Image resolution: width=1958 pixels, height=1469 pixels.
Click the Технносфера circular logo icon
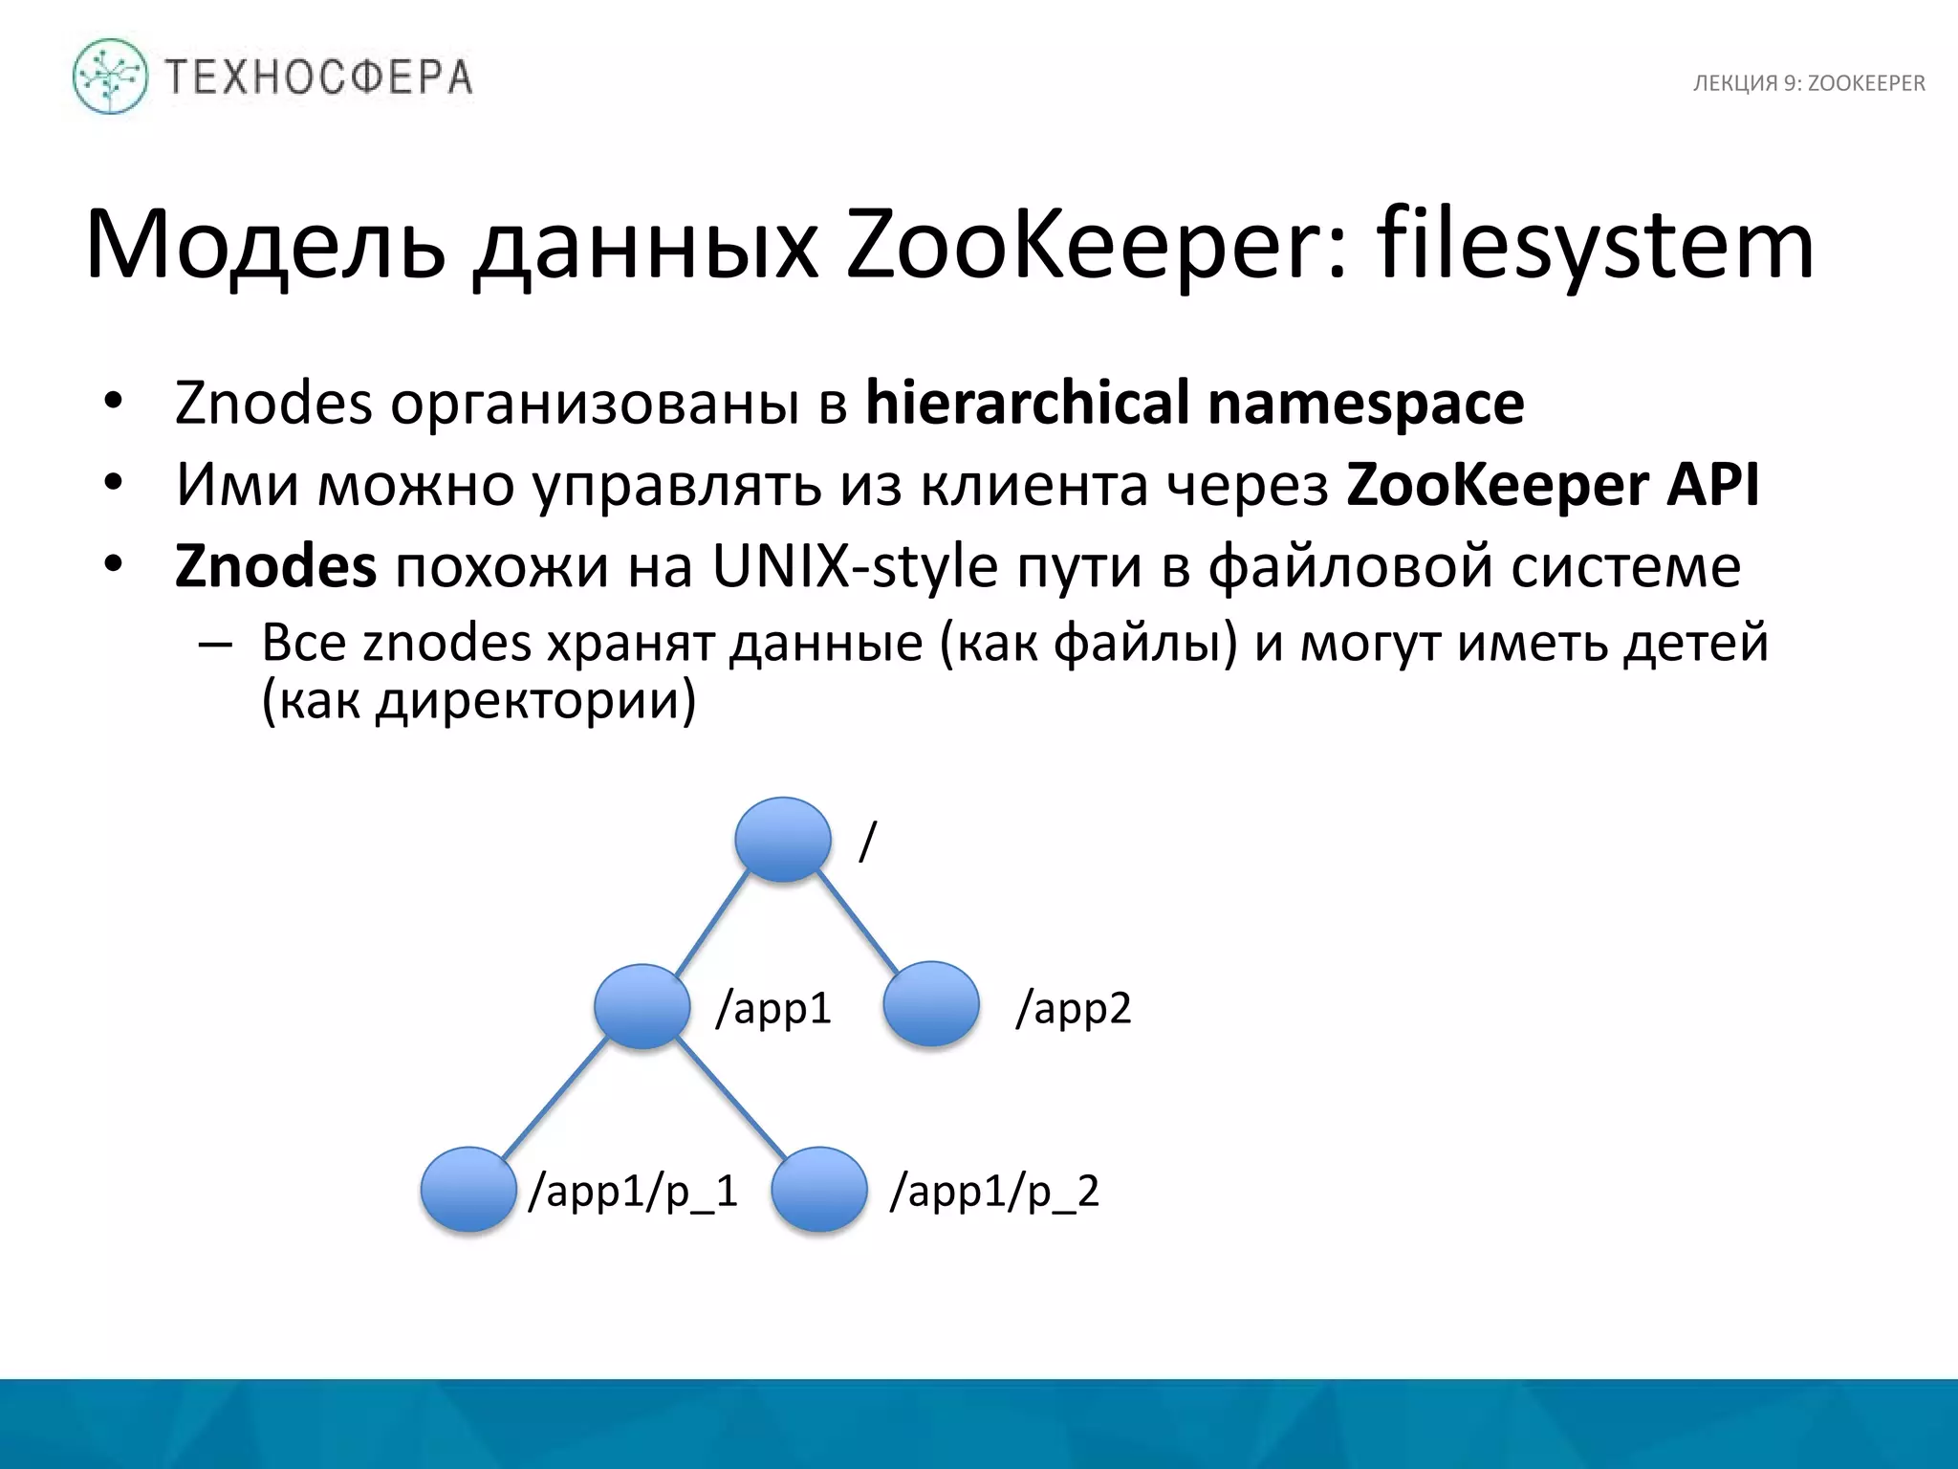(x=111, y=77)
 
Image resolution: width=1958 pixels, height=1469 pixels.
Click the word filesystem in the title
(x=1595, y=247)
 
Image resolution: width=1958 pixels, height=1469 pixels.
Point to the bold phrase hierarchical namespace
(x=1194, y=404)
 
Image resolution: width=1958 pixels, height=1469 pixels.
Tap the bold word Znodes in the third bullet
(x=275, y=566)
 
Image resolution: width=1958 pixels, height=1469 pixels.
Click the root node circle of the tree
(x=783, y=839)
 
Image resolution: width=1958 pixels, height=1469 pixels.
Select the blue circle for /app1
(x=642, y=1005)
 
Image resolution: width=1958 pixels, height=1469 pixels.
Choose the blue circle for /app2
(x=931, y=1003)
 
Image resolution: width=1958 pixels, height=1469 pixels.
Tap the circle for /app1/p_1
(x=468, y=1189)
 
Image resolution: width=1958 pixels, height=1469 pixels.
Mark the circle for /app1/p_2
(x=819, y=1189)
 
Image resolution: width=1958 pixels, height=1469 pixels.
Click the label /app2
(x=1073, y=1008)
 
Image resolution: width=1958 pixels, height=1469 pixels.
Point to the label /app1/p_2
(x=994, y=1192)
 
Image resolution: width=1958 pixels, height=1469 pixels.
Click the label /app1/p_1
(x=633, y=1192)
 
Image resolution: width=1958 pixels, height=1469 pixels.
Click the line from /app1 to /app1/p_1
(x=555, y=1097)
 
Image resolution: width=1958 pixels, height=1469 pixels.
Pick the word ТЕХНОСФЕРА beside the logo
(x=319, y=77)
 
